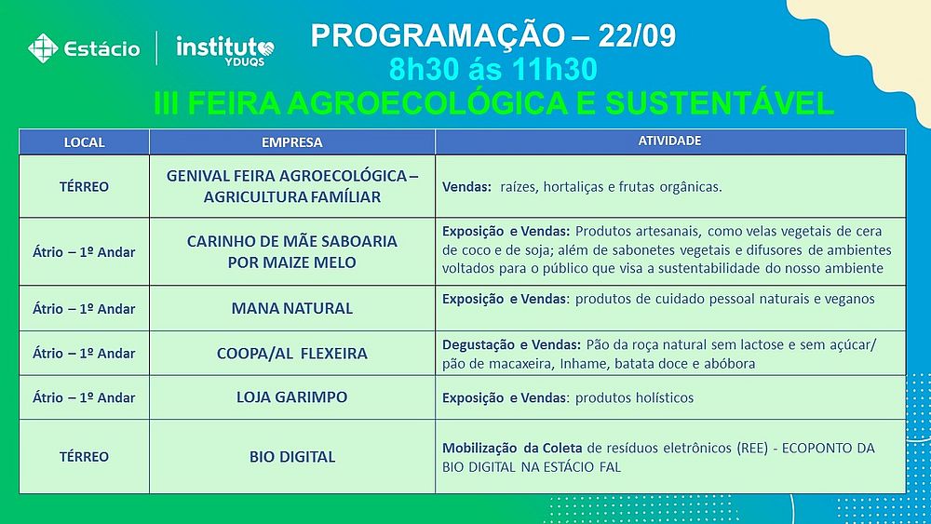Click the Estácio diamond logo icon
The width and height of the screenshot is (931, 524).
pyautogui.click(x=43, y=48)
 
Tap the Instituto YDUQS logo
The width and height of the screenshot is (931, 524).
pyautogui.click(x=225, y=50)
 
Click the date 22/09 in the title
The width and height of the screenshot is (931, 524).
pyautogui.click(x=637, y=35)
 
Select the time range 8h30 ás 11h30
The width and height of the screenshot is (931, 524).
pyautogui.click(x=492, y=70)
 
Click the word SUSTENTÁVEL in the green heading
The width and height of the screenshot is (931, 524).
pyautogui.click(x=720, y=102)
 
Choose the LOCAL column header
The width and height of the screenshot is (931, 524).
pyautogui.click(x=85, y=142)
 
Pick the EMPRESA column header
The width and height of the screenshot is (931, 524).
pyautogui.click(x=292, y=142)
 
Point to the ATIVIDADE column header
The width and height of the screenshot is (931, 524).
pyautogui.click(x=669, y=141)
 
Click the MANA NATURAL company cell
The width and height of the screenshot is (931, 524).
pyautogui.click(x=292, y=309)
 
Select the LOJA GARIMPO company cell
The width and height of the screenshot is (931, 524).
pyautogui.click(x=292, y=397)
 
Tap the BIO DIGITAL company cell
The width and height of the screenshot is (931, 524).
pyautogui.click(x=292, y=457)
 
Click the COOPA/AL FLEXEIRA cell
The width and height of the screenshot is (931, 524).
pyautogui.click(x=292, y=354)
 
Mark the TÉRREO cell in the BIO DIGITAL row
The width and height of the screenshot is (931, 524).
pyautogui.click(x=85, y=457)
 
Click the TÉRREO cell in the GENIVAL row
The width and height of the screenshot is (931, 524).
pyautogui.click(x=85, y=187)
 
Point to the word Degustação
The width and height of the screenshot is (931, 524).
pyautogui.click(x=479, y=344)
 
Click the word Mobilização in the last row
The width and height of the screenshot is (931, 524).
pyautogui.click(x=480, y=448)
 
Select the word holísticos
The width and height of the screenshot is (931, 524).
pyautogui.click(x=665, y=397)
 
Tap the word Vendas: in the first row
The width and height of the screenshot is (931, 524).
pyautogui.click(x=466, y=187)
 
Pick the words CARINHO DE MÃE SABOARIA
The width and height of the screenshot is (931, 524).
pyautogui.click(x=292, y=242)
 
